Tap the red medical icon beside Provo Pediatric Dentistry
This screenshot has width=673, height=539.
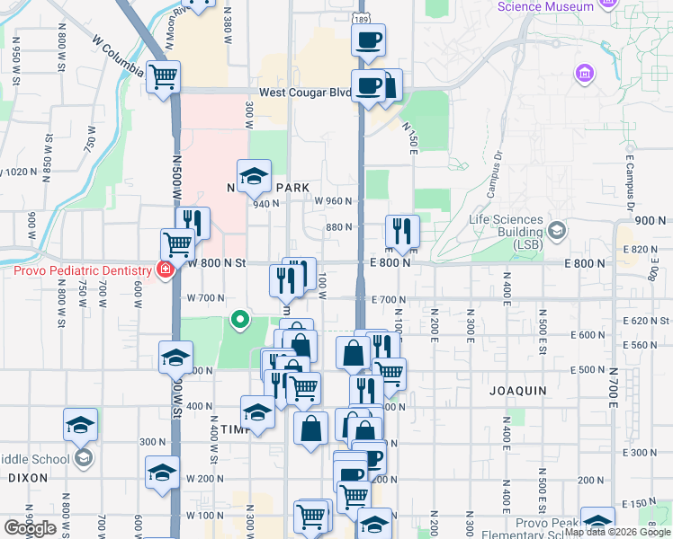point(165,269)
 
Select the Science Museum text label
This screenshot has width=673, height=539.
point(546,6)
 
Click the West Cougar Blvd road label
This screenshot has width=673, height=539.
point(305,92)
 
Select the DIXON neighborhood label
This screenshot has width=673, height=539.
point(27,478)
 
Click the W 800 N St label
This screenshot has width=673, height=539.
point(216,263)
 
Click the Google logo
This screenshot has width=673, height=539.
point(30,528)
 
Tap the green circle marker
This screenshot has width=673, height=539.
point(239,318)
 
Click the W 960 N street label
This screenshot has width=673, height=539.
point(332,200)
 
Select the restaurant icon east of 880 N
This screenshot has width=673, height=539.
point(401,231)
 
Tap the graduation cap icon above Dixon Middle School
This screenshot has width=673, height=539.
point(81,423)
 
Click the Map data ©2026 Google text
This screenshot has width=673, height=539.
point(617,532)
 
